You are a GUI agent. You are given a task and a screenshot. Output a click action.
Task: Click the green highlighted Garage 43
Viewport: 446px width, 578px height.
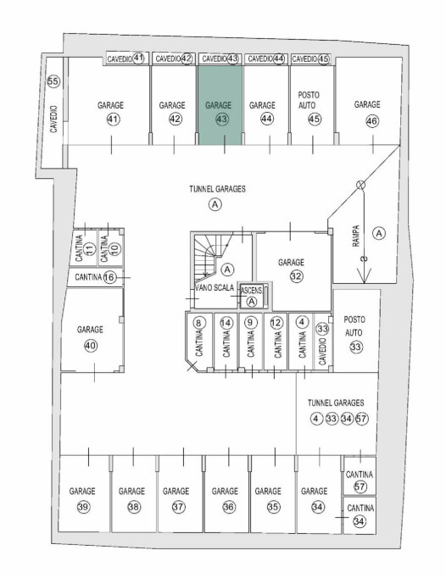click(220, 105)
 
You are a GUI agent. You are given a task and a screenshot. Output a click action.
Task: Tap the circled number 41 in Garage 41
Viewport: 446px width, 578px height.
click(114, 119)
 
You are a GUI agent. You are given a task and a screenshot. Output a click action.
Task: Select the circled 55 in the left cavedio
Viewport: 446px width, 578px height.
click(53, 81)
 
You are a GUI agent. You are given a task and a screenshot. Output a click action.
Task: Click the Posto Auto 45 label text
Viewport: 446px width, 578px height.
click(309, 100)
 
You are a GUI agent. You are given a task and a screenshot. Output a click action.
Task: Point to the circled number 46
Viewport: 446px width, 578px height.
click(372, 121)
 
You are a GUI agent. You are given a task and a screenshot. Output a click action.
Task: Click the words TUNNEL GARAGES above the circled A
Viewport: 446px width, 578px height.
click(217, 189)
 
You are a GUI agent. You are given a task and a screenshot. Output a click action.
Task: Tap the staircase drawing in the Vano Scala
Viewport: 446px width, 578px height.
click(209, 255)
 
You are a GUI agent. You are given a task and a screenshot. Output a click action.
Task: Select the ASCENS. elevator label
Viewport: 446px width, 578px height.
click(251, 290)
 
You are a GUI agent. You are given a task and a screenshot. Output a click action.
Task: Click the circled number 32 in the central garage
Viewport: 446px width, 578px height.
click(296, 276)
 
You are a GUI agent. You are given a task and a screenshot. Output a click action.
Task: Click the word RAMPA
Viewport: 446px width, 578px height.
click(356, 236)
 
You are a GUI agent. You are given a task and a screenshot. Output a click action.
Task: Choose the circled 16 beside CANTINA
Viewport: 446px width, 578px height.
click(109, 277)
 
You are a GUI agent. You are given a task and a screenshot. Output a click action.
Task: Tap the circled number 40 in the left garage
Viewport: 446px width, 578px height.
click(91, 346)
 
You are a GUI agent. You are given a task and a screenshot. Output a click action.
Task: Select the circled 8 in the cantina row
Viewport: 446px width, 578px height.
click(199, 323)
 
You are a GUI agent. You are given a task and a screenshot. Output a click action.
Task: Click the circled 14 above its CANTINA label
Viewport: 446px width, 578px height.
click(226, 323)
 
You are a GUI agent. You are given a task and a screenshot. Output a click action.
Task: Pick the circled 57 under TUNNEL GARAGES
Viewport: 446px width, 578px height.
click(361, 419)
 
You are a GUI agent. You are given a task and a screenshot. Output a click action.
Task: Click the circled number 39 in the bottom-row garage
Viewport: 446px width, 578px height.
click(83, 507)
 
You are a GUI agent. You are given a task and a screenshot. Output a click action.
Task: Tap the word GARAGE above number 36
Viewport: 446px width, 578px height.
click(225, 491)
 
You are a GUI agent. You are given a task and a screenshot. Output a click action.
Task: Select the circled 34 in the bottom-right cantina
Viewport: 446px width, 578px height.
click(360, 521)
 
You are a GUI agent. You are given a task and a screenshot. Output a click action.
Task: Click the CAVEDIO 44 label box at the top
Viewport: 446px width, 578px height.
click(265, 58)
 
